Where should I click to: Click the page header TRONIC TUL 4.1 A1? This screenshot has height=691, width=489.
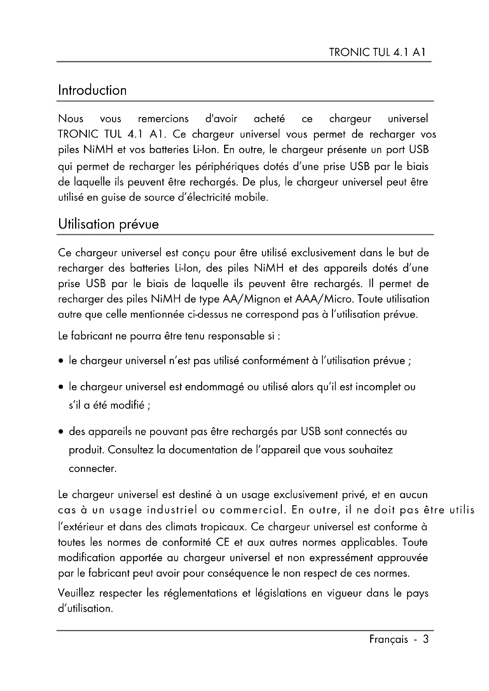click(x=377, y=52)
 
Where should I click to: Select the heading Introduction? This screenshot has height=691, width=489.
click(x=93, y=90)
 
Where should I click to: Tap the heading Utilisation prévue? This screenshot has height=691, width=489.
click(x=109, y=224)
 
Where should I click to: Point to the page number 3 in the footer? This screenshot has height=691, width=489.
click(x=425, y=639)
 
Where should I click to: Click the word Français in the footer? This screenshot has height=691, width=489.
click(x=388, y=639)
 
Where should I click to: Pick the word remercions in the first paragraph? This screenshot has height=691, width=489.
click(x=163, y=119)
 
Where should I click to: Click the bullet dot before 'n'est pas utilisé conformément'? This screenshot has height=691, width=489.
click(x=61, y=361)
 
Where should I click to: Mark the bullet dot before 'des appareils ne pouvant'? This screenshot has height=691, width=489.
click(x=61, y=432)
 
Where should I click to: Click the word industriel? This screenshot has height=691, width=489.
click(x=172, y=510)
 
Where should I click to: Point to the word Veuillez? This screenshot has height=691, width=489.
click(x=76, y=593)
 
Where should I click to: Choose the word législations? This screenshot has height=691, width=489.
click(x=280, y=593)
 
